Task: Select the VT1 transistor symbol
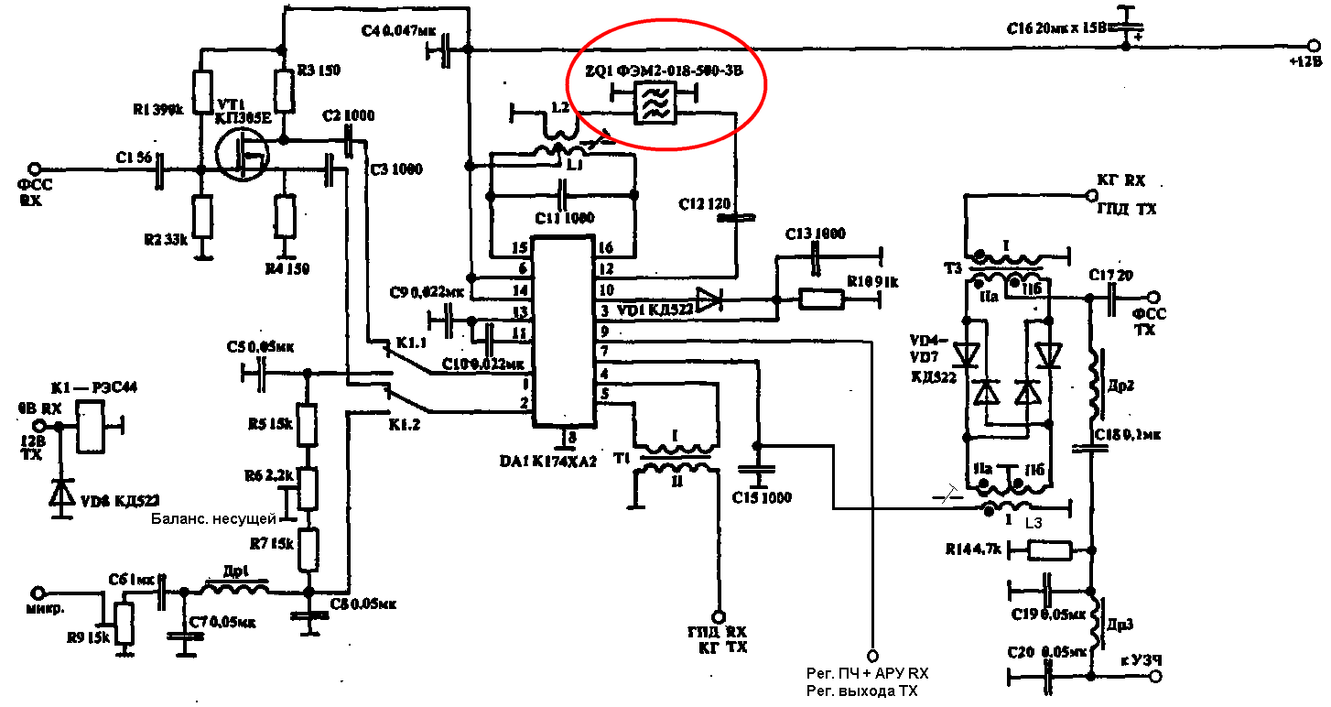coord(242,154)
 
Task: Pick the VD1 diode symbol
coord(709,299)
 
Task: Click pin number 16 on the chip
coord(605,248)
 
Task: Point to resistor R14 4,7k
coord(1049,550)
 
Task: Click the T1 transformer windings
coord(678,458)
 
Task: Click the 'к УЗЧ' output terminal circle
coord(1156,676)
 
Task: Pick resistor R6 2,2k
coord(308,488)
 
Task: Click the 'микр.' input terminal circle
coord(38,593)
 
